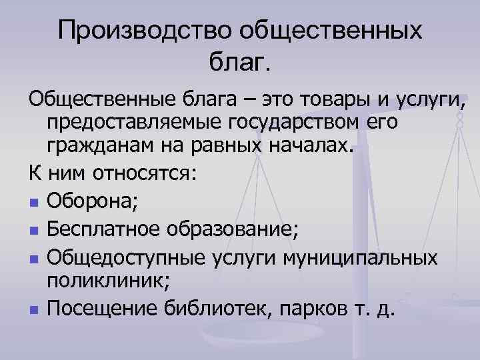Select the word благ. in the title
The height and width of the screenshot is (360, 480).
point(241,63)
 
